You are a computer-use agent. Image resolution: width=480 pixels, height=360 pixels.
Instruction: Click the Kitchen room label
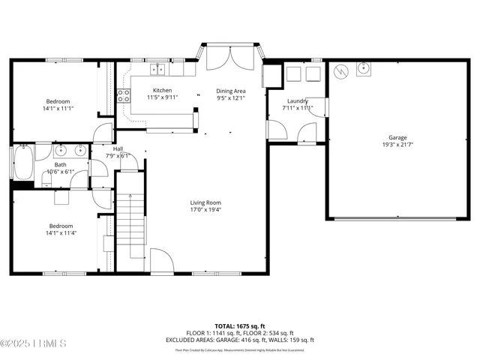pyautogui.click(x=162, y=90)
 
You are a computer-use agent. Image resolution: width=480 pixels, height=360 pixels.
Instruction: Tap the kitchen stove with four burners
pyautogui.click(x=122, y=95)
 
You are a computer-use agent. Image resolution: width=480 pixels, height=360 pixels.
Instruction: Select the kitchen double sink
pyautogui.click(x=157, y=70)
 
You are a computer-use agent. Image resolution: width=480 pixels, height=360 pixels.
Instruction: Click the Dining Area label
pyautogui.click(x=231, y=90)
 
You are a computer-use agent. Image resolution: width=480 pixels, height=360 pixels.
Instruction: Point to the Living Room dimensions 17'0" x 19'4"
pyautogui.click(x=205, y=210)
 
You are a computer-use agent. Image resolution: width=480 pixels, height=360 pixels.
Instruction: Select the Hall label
pyautogui.click(x=118, y=149)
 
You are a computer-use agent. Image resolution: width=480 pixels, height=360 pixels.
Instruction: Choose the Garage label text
pyautogui.click(x=397, y=137)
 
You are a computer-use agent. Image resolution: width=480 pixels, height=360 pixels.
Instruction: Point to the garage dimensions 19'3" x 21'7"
pyautogui.click(x=397, y=145)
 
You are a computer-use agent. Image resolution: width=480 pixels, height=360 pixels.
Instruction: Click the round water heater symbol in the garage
pyautogui.click(x=342, y=72)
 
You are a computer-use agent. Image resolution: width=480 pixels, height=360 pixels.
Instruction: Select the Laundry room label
pyautogui.click(x=298, y=100)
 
